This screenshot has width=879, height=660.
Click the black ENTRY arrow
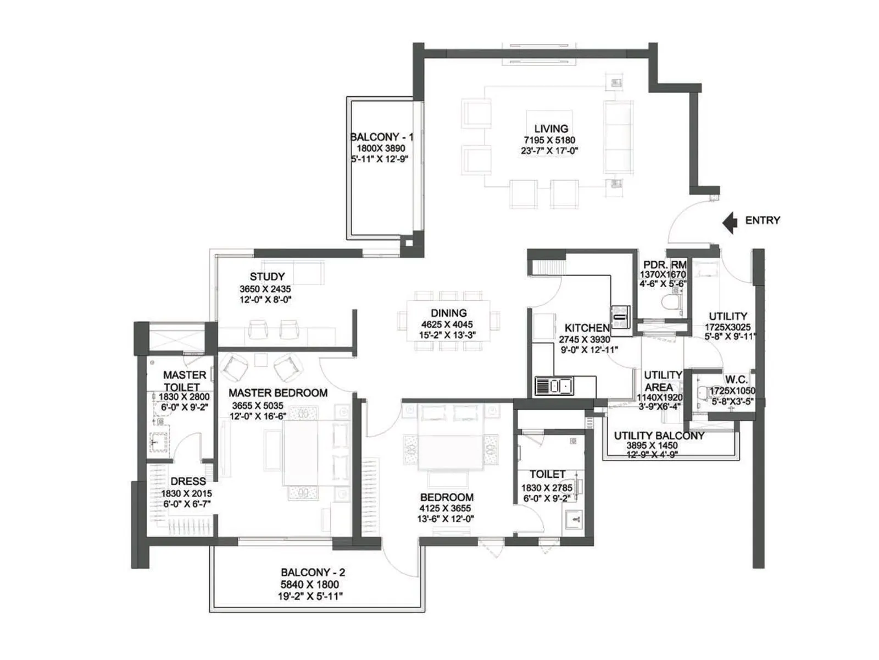[730, 222]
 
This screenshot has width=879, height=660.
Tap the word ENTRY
[763, 221]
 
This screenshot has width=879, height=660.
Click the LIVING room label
[551, 129]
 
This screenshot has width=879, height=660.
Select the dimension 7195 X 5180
[549, 140]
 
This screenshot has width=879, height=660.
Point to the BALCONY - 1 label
[382, 137]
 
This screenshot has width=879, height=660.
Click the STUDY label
[267, 277]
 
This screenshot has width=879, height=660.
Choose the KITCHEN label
[587, 328]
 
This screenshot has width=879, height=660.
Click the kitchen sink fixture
[555, 386]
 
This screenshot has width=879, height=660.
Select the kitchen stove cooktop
[620, 317]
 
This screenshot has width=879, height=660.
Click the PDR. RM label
[665, 265]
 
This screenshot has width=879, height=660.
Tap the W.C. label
[736, 380]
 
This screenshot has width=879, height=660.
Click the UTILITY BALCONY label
[659, 436]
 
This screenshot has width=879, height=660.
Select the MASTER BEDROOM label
[278, 393]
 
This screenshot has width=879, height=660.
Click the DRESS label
[188, 481]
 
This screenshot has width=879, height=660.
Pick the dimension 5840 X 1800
[310, 584]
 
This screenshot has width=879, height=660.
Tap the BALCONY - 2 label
[313, 572]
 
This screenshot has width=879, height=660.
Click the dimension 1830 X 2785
[547, 488]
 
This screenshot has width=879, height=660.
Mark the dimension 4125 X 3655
[446, 508]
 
